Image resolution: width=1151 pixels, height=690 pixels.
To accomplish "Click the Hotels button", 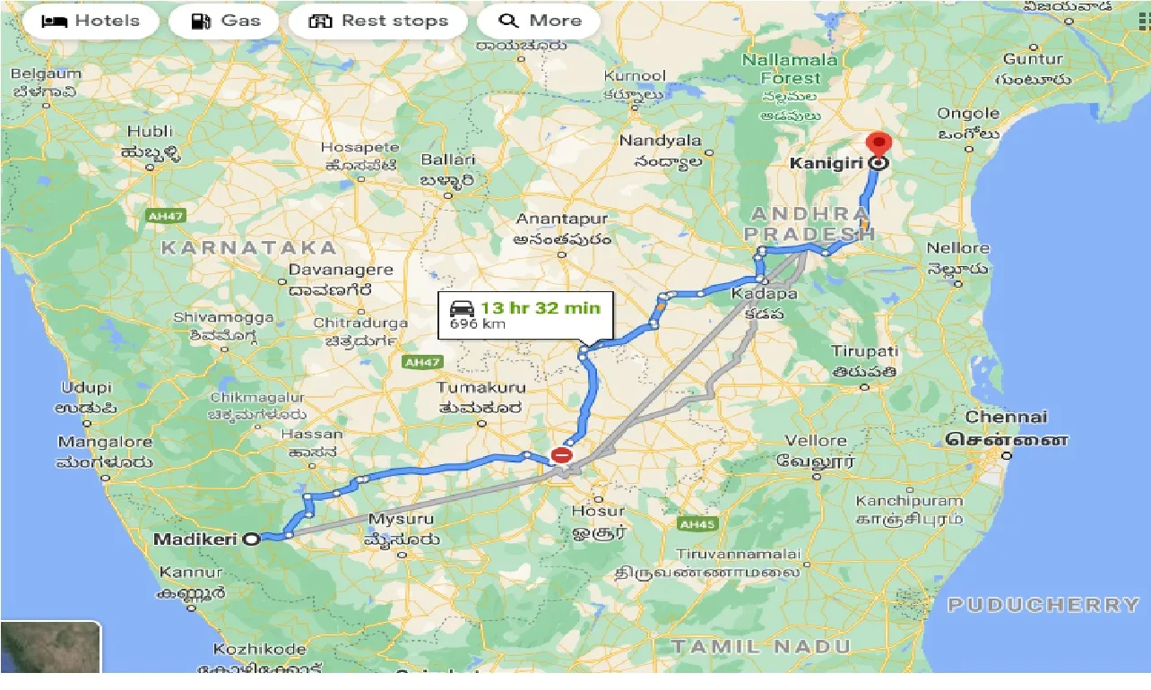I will point(91,21).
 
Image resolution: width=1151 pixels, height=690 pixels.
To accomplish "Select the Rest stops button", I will point(377,21).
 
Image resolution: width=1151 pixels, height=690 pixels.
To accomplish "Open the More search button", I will point(539,21).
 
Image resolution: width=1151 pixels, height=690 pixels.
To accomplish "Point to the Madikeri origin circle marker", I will point(253,539).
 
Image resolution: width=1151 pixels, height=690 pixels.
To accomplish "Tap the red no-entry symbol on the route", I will point(561,455).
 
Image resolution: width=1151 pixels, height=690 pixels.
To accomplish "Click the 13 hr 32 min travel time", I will point(540,308).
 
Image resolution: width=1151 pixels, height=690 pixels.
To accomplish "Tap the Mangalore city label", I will point(105,442).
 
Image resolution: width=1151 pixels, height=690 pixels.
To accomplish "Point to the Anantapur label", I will point(562,219).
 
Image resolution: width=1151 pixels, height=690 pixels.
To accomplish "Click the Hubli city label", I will point(150,132).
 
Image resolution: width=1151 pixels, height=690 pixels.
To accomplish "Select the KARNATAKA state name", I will point(248,247).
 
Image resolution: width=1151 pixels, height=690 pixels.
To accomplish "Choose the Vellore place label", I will point(816,440).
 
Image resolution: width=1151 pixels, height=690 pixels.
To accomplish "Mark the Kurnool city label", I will point(635,76).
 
